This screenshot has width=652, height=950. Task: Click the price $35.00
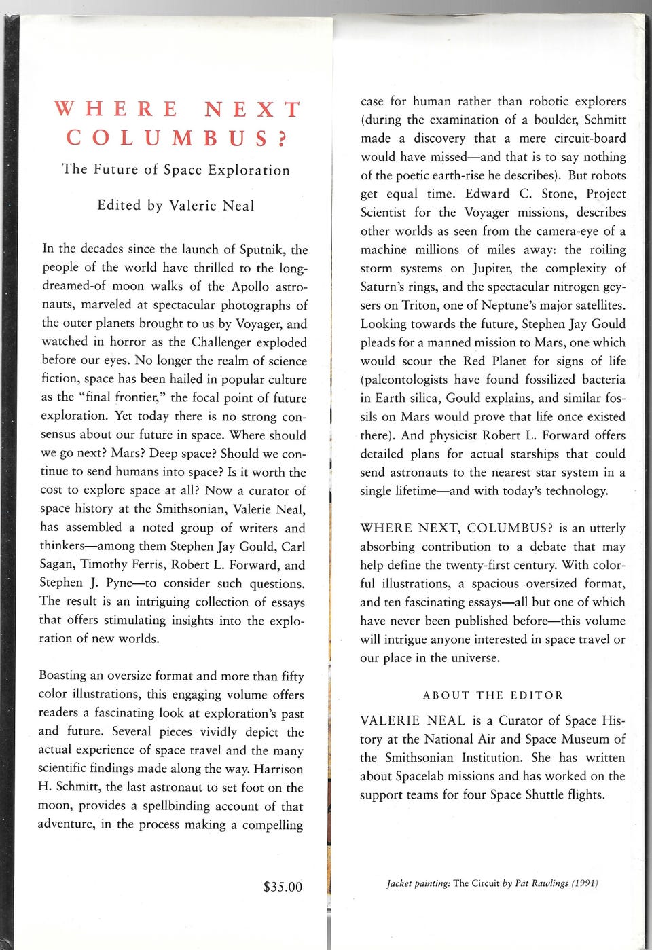[x=283, y=887]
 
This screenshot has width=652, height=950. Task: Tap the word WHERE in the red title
[x=115, y=109]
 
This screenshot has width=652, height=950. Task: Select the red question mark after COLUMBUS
[x=283, y=138]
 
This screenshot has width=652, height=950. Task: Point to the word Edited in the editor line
[x=120, y=206]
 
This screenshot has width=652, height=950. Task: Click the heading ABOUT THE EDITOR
[x=493, y=695]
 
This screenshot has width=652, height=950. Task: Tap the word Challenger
[x=222, y=342]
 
